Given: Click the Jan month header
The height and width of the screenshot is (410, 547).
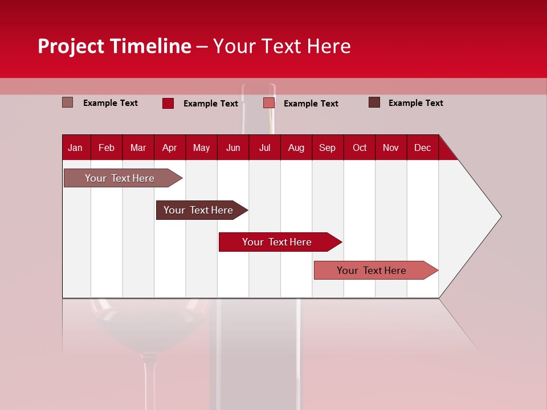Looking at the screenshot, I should click(75, 147).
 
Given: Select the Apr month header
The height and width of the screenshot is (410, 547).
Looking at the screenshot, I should click(169, 147).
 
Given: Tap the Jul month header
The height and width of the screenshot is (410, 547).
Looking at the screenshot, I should click(264, 147).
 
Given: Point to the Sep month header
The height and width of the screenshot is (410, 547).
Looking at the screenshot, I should click(327, 147).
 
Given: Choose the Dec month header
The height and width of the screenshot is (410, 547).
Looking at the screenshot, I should click(422, 147).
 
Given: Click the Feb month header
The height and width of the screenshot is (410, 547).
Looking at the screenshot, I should click(107, 147).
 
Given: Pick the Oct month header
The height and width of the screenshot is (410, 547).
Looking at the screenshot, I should click(360, 147).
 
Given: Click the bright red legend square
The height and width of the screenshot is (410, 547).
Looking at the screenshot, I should click(168, 103).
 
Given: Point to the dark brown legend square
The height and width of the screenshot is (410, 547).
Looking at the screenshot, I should click(374, 102).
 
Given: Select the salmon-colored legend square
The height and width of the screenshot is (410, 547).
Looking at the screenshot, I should click(269, 103).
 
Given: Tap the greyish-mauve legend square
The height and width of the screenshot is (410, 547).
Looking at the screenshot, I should click(67, 102).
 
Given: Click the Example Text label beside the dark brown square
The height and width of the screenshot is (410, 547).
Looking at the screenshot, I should click(415, 103).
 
